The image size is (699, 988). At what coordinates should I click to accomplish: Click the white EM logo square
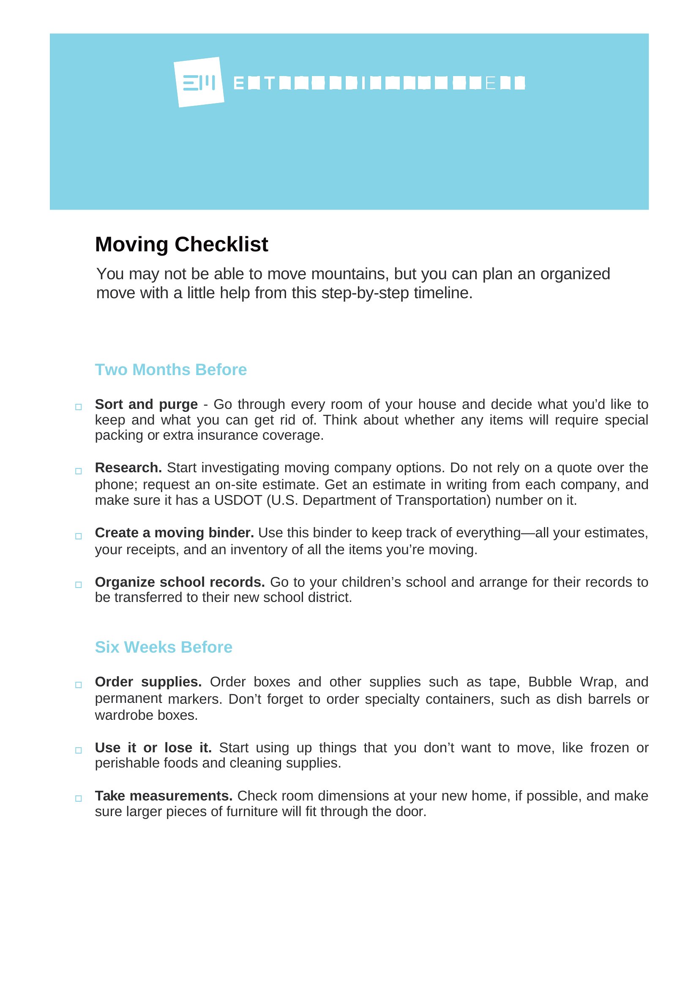[199, 82]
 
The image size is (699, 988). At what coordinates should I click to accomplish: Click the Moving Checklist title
[181, 245]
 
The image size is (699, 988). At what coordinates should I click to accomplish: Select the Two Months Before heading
[170, 370]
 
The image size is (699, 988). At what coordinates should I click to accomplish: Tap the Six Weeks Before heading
[164, 647]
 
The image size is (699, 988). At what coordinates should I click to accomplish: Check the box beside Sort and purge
[78, 407]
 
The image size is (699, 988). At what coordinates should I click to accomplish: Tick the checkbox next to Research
[78, 471]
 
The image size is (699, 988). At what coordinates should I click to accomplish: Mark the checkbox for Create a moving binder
[78, 536]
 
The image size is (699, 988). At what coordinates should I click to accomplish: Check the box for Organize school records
[78, 584]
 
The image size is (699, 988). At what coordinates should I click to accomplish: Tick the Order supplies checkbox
[78, 685]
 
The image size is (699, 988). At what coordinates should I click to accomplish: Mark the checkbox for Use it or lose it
[78, 750]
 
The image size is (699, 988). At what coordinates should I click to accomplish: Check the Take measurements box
[78, 798]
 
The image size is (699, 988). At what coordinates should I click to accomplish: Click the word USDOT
[238, 500]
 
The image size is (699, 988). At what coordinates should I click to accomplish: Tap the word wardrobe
[124, 715]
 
